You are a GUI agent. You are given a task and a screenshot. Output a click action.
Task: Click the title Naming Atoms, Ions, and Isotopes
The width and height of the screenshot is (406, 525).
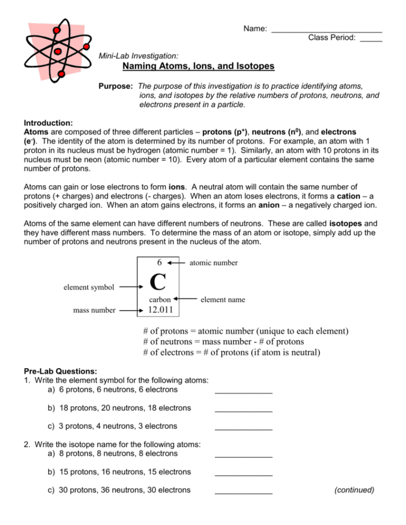click(x=198, y=67)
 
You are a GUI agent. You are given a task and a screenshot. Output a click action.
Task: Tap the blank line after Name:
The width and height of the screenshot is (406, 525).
click(x=326, y=29)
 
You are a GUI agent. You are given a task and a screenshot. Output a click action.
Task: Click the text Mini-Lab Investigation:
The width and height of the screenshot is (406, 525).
click(x=139, y=55)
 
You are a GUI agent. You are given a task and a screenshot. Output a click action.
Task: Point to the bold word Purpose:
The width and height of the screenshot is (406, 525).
click(x=115, y=86)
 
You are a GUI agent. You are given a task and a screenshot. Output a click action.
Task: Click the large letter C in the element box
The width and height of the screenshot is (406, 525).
click(x=157, y=282)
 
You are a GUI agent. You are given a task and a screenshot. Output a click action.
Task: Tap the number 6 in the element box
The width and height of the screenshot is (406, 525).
click(x=159, y=262)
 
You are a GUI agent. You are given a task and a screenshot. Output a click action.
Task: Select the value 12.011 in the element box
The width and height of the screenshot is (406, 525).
click(x=162, y=310)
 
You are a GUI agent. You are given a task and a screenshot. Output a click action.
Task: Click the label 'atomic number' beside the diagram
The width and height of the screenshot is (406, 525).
click(x=213, y=263)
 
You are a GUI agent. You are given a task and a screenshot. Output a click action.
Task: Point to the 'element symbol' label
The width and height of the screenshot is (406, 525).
click(x=88, y=287)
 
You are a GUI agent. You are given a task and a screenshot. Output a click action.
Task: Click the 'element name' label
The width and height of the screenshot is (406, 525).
click(x=222, y=299)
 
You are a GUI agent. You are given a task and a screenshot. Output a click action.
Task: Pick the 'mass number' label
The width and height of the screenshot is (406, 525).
click(x=95, y=310)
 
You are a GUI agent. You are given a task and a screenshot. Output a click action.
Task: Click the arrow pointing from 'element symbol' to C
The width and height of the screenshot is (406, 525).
click(x=131, y=287)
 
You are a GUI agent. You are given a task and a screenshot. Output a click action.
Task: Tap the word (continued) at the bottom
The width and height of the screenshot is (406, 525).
click(x=354, y=490)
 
